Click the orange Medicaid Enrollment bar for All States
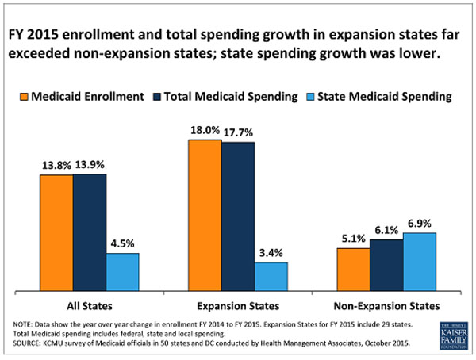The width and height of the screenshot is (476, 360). [x=56, y=232]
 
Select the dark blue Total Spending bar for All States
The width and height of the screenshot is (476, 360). [x=90, y=232]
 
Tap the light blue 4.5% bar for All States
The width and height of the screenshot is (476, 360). [x=123, y=271]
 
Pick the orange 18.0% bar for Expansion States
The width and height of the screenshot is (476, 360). [x=205, y=214]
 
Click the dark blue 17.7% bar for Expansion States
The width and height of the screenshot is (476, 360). [x=238, y=216]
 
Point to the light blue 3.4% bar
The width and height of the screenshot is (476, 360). [x=271, y=276]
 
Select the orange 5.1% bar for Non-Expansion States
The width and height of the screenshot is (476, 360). [x=353, y=269]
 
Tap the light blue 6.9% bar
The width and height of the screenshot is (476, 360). [x=420, y=261]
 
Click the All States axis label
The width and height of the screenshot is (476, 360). [x=90, y=305]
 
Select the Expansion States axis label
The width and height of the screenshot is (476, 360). [x=238, y=305]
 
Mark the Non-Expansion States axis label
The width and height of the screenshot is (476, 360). [x=386, y=305]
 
